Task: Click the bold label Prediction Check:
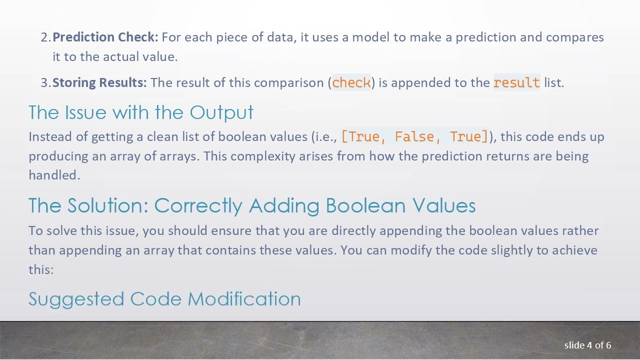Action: [x=105, y=37]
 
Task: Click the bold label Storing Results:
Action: [x=99, y=83]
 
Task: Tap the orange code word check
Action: [x=351, y=83]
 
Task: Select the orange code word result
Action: [x=516, y=83]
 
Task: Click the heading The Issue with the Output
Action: [x=141, y=112]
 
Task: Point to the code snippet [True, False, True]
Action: [x=414, y=137]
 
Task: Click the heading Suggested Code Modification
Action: [x=164, y=299]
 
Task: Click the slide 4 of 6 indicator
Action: [x=587, y=345]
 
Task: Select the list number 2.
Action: [x=44, y=37]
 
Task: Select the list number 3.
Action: [x=44, y=83]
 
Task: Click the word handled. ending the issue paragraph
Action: [x=54, y=175]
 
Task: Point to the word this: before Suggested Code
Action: [x=41, y=269]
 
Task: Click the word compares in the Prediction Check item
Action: [x=574, y=37]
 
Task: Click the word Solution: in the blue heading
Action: [x=108, y=205]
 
